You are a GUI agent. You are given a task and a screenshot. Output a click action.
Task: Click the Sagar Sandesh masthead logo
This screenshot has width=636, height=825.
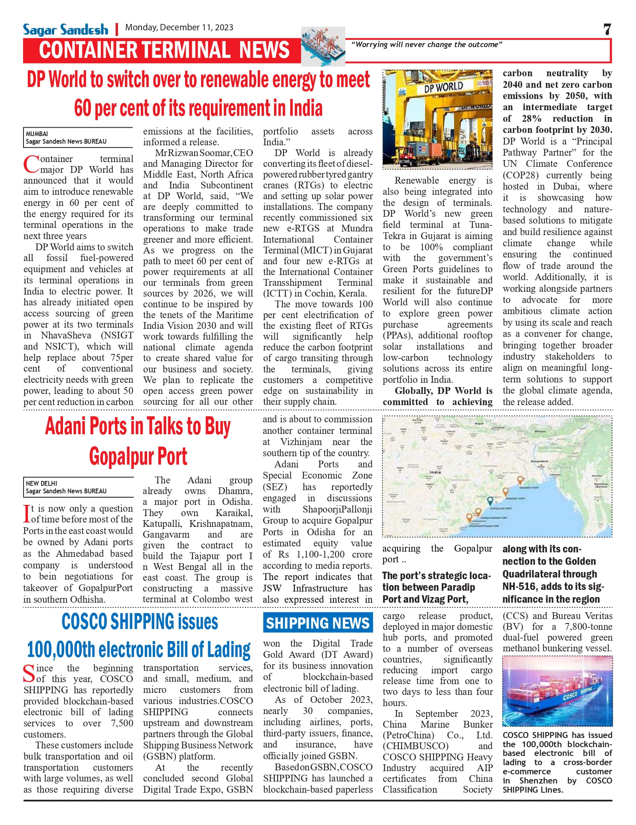tap(65, 30)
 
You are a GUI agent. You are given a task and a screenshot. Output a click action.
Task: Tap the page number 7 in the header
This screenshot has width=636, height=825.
tap(607, 30)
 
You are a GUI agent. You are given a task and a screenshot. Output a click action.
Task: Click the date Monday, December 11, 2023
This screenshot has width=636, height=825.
tap(179, 28)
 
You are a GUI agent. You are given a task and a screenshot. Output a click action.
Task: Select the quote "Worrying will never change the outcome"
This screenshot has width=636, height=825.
tap(426, 45)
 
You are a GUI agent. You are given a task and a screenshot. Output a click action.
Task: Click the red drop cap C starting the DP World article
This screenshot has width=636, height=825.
tap(31, 164)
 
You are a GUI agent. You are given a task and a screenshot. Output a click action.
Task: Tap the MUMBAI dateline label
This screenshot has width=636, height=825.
tap(37, 134)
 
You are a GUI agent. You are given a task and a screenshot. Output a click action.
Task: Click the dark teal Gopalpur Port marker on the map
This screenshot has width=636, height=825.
tap(490, 501)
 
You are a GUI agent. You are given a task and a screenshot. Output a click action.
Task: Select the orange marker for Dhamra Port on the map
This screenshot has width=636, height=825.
tap(520, 480)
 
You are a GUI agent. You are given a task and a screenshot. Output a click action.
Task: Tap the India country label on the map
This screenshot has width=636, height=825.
tap(435, 472)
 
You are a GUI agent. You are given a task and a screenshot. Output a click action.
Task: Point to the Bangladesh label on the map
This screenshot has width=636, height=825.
tap(539, 461)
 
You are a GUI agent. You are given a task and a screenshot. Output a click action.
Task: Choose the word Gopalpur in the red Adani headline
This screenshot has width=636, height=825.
tap(119, 457)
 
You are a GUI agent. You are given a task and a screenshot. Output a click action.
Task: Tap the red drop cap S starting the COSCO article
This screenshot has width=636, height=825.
tap(29, 674)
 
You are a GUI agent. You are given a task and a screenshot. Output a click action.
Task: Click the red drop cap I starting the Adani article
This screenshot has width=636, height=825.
tap(27, 514)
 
